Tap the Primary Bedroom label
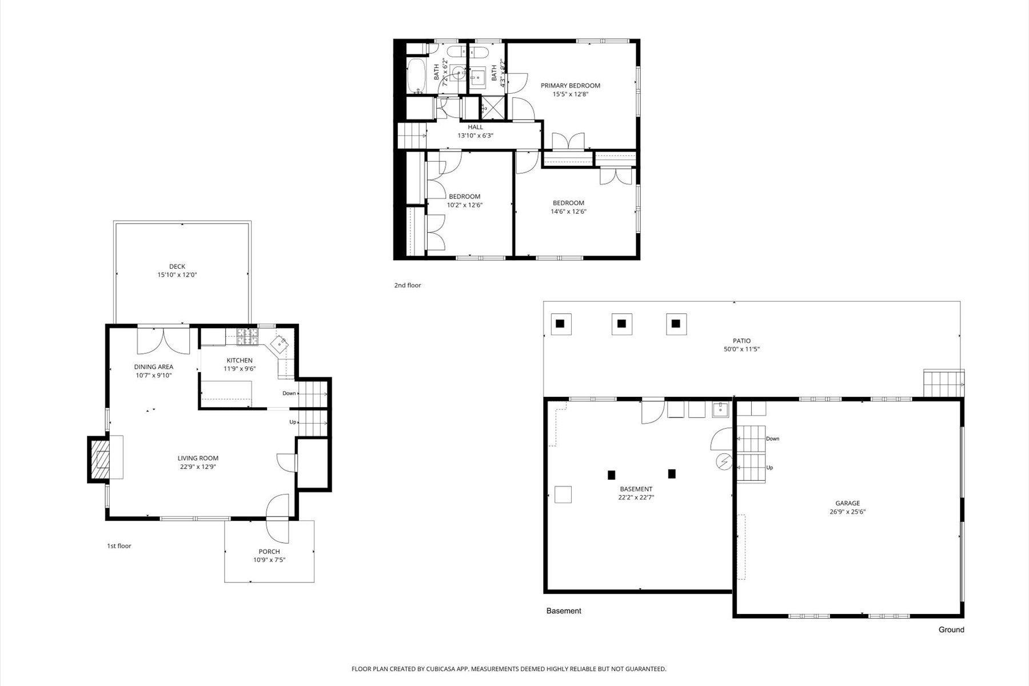[571, 86]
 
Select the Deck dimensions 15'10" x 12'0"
[177, 275]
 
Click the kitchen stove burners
[248, 337]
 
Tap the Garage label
[847, 504]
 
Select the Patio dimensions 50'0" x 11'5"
[742, 349]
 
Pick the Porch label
[269, 552]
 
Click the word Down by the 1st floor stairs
[289, 393]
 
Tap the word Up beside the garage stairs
[769, 468]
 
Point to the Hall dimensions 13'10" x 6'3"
[475, 136]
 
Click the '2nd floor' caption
[408, 285]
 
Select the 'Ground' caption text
[951, 629]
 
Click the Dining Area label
[154, 367]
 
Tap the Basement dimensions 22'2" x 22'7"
[636, 497]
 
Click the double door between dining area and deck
[163, 341]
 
